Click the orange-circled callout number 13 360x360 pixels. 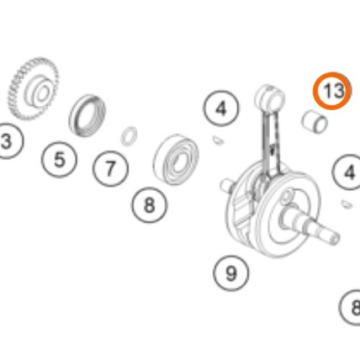coord(332,91)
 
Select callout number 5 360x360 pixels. coord(59,160)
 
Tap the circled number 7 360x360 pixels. coord(110,168)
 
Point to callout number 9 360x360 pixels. coord(231,274)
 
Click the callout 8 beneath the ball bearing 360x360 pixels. coord(150,205)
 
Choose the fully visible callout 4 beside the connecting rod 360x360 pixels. coord(221,109)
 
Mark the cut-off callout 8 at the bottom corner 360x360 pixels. coord(351,307)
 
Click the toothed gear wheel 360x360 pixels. coord(34,89)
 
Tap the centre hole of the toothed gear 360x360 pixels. coord(42,93)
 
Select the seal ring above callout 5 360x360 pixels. coord(87,116)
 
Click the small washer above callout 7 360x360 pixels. coord(130,136)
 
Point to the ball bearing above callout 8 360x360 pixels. coord(176,159)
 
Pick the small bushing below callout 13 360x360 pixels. coord(315,122)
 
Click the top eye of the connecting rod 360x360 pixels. coord(270,97)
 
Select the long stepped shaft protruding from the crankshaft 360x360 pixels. coord(310,225)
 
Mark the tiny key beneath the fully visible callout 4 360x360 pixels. coord(218,140)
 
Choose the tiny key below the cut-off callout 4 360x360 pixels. coord(346,204)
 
